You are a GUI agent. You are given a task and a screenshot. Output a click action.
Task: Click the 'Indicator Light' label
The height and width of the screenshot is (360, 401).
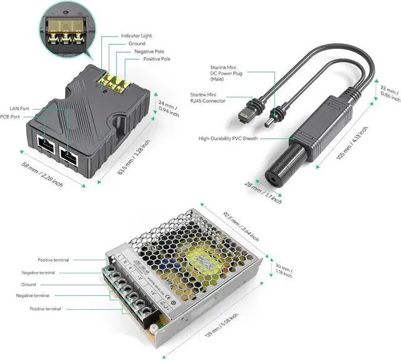(136, 36)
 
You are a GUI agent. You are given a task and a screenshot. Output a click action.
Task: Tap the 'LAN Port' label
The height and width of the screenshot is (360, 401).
(19, 109)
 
